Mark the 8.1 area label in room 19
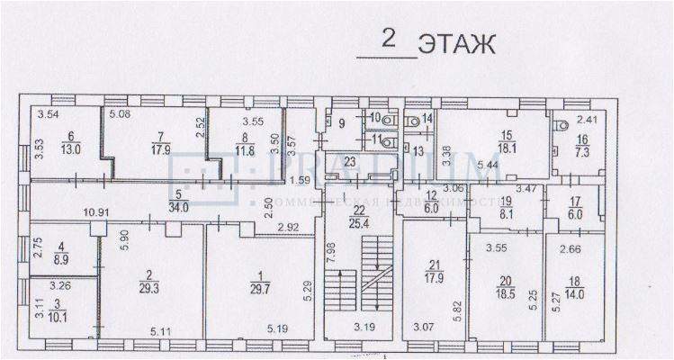pos(507,214)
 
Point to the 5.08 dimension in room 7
pos(121,114)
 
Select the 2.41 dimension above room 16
pos(587,118)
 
